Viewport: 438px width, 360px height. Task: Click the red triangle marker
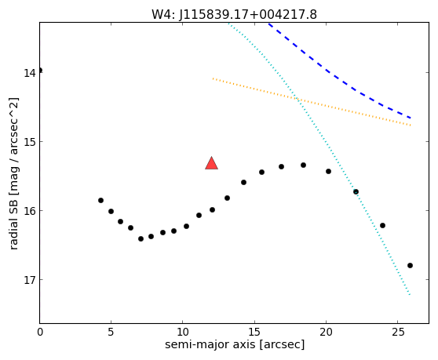pos(211,164)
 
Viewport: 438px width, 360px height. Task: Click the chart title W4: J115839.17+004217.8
pos(234,14)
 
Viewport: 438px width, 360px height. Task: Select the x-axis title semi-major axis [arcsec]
pos(235,344)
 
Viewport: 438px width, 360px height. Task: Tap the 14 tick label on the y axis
pos(30,73)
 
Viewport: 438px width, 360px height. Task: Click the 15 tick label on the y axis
pos(30,142)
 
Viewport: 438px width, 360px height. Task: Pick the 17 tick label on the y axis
pos(30,280)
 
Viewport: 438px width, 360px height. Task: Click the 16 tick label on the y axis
pos(30,211)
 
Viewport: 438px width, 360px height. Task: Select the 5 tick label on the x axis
pos(111,332)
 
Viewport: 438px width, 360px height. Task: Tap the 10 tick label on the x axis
pos(182,332)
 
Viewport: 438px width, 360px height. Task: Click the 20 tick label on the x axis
pos(326,332)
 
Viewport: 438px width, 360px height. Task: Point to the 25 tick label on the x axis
pos(397,332)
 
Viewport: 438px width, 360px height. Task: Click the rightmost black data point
pos(410,265)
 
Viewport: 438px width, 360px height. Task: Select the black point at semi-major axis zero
pos(40,70)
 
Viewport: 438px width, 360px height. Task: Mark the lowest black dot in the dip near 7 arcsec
pos(141,239)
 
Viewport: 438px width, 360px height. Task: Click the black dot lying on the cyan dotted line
pos(356,191)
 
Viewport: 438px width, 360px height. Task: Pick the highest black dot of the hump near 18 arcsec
pos(303,165)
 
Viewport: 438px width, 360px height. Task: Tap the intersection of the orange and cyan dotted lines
pos(297,99)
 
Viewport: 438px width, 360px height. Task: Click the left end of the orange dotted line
pos(213,78)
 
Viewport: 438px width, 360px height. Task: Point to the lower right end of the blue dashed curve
pos(410,118)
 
